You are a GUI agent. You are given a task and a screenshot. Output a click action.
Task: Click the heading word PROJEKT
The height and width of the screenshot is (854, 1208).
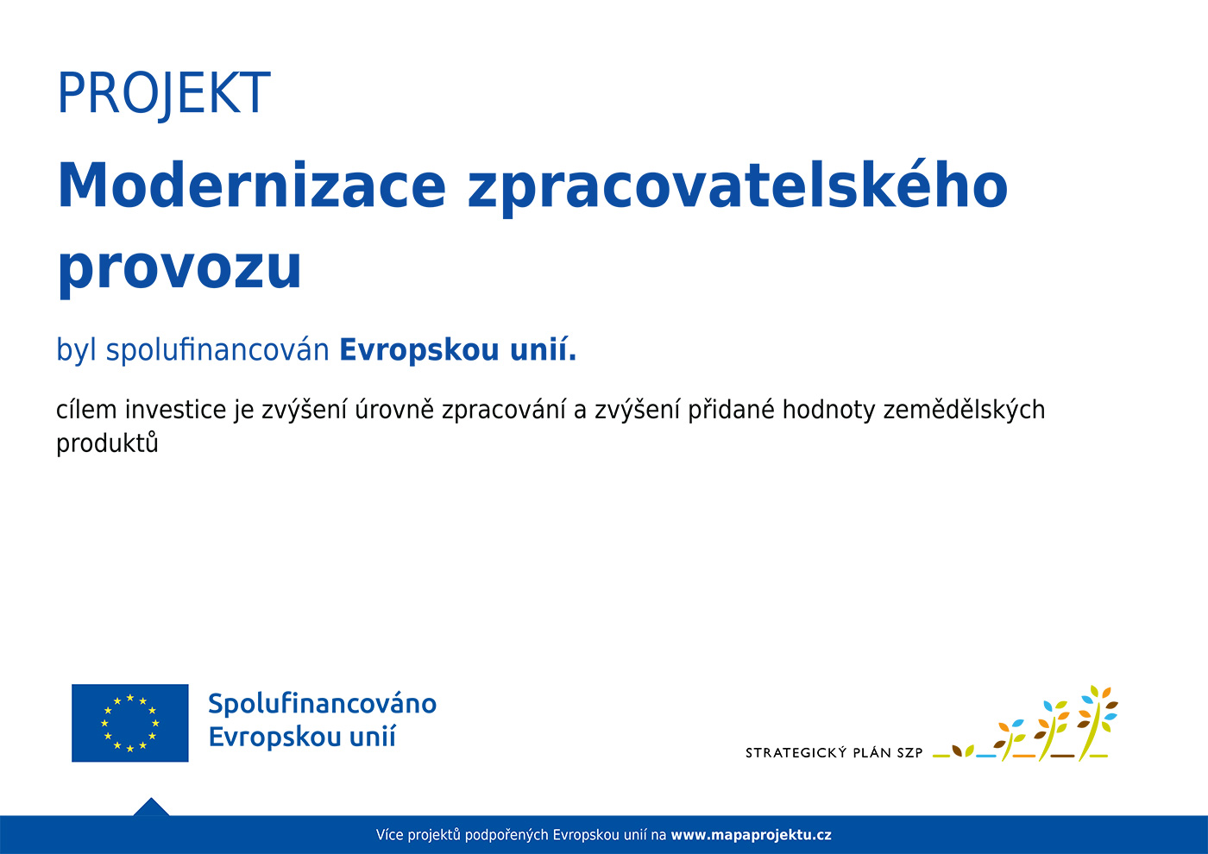[164, 94]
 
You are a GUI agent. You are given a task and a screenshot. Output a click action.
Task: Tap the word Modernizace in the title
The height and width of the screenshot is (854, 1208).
[252, 185]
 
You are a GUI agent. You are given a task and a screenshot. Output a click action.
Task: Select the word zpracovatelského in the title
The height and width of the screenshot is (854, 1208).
[738, 189]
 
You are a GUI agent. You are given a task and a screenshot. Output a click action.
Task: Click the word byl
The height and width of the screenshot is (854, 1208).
[77, 350]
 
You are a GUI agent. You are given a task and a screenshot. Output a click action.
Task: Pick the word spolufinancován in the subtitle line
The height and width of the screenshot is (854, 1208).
[217, 350]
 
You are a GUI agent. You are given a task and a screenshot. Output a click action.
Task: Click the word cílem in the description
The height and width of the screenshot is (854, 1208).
[86, 409]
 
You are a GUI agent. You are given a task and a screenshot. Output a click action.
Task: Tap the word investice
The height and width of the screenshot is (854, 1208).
[176, 409]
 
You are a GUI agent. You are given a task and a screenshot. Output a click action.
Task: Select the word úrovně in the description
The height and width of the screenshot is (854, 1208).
[394, 409]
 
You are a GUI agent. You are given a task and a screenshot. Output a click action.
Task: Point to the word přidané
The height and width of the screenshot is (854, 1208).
[731, 409]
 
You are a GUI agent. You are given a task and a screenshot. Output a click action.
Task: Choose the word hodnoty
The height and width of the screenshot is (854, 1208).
[829, 411]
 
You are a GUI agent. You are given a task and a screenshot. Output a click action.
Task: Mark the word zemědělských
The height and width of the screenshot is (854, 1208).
[965, 411]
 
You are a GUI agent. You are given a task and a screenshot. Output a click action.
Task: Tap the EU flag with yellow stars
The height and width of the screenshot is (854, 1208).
[130, 723]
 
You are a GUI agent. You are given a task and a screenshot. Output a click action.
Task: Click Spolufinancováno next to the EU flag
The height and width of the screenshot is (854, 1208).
[323, 704]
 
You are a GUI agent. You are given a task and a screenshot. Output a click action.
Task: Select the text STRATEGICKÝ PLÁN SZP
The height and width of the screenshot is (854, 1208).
[834, 752]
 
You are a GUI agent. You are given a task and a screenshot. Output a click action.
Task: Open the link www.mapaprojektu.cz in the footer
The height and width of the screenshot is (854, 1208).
[752, 835]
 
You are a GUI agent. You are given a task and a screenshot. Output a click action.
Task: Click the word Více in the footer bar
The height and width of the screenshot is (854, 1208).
[389, 835]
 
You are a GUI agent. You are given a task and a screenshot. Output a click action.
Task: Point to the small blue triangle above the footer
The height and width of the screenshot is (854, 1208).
[151, 807]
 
